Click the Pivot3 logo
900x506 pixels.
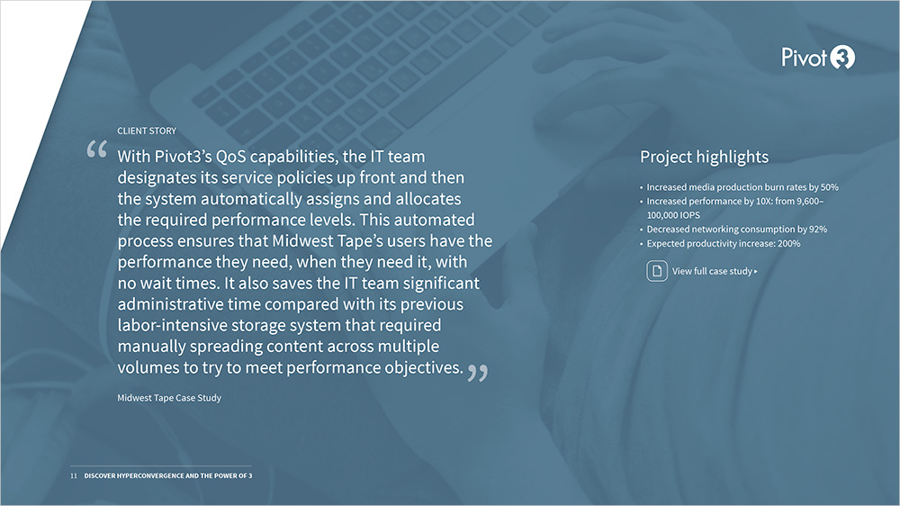(818, 58)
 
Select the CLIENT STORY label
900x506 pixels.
(147, 131)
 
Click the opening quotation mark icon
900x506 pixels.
(96, 149)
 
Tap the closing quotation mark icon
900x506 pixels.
(478, 373)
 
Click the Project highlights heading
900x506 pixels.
(705, 157)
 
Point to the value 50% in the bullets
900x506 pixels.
(830, 187)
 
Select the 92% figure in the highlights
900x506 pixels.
(818, 230)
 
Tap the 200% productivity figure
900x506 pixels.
(788, 243)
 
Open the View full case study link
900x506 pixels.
(715, 271)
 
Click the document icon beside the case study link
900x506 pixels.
(657, 271)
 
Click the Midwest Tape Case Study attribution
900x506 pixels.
(169, 398)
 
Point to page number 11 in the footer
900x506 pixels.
(74, 475)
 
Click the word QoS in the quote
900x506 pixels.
(230, 157)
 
